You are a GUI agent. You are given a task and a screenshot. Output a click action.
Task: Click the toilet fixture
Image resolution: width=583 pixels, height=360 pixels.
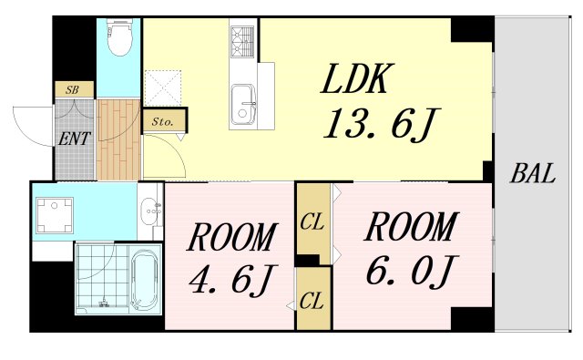click(x=119, y=36)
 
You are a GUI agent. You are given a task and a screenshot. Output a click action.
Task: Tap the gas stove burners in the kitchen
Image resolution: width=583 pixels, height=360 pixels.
click(x=242, y=42)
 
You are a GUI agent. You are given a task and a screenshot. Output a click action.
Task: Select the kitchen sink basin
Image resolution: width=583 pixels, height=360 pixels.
click(x=243, y=106)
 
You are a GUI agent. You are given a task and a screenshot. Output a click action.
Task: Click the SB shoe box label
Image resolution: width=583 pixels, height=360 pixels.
click(x=73, y=89)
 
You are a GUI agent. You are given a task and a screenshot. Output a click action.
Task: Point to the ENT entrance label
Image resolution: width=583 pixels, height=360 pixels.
click(x=75, y=139)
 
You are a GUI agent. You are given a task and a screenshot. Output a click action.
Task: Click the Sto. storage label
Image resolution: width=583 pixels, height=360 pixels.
click(x=163, y=121)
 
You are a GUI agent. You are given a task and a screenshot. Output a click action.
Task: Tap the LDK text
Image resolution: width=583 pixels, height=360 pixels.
click(x=357, y=79)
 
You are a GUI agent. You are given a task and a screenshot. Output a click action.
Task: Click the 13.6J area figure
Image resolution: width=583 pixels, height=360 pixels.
click(x=383, y=125)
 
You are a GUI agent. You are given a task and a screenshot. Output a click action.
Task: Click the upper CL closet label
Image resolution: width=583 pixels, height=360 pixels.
click(x=312, y=222)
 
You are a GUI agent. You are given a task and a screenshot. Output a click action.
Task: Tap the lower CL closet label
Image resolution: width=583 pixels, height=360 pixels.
click(x=312, y=301)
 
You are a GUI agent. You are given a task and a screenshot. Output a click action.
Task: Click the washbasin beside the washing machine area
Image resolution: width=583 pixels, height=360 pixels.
click(x=150, y=211)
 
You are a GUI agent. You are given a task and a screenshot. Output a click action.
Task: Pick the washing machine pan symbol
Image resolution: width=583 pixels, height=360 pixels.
click(x=55, y=215)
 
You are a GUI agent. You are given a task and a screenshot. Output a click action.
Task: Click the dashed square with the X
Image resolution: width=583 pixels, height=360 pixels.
click(x=163, y=88)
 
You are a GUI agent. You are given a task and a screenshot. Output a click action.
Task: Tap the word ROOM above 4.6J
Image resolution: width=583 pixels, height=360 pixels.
click(x=231, y=237)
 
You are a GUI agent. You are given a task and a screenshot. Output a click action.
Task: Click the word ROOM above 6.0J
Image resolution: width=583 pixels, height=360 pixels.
click(x=412, y=227)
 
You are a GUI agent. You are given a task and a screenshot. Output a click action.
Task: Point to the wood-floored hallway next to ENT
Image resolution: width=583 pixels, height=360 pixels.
click(x=118, y=139)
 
